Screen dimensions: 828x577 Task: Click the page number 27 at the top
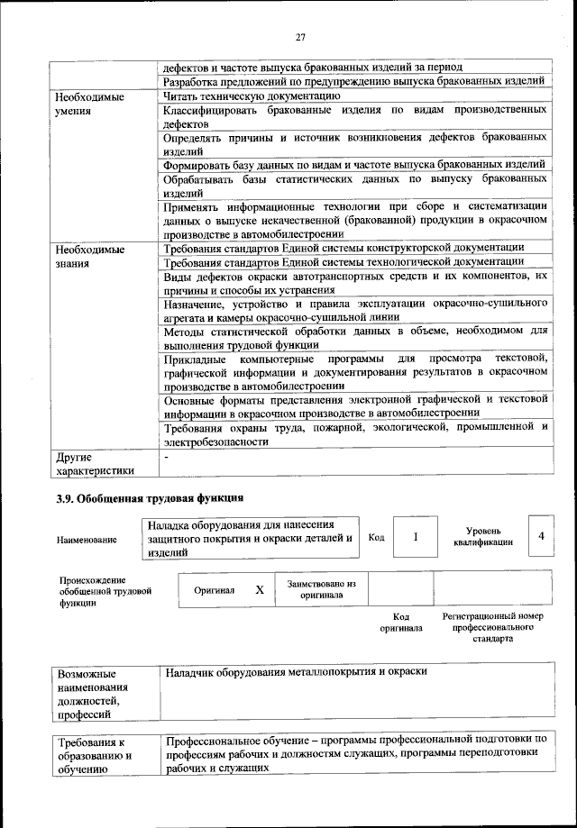(301, 37)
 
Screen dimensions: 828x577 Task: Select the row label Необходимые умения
(89, 103)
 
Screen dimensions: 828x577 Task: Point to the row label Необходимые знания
(89, 256)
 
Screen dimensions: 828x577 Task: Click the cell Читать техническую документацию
(251, 96)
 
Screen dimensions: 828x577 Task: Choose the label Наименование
(87, 539)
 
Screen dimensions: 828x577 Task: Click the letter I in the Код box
(415, 537)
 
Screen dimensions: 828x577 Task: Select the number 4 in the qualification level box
(541, 536)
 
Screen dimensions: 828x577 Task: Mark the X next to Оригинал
(260, 590)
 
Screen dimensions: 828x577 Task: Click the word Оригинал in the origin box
(215, 590)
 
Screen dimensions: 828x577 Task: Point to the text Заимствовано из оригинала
(322, 590)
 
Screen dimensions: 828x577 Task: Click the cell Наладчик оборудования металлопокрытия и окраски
(296, 672)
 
